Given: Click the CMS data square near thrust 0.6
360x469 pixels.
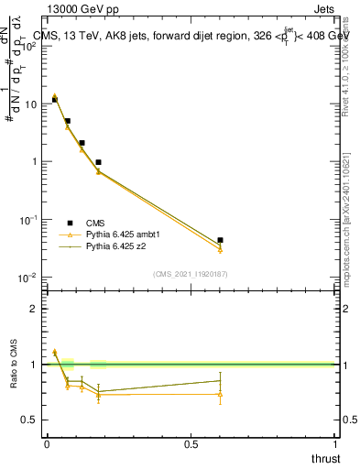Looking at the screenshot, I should tap(220, 240).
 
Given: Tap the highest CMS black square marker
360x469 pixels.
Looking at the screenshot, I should tap(54, 100).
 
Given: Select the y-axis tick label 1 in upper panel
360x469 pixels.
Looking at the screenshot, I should tap(35, 162).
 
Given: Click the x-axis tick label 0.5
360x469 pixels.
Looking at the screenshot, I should tap(191, 444).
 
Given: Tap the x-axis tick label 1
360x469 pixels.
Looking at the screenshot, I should tap(336, 444).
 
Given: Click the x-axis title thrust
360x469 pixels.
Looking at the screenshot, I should tap(325, 458).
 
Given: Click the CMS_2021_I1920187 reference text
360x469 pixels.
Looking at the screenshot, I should tap(191, 274).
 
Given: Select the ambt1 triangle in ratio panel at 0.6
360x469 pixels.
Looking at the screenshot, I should tap(220, 395).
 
